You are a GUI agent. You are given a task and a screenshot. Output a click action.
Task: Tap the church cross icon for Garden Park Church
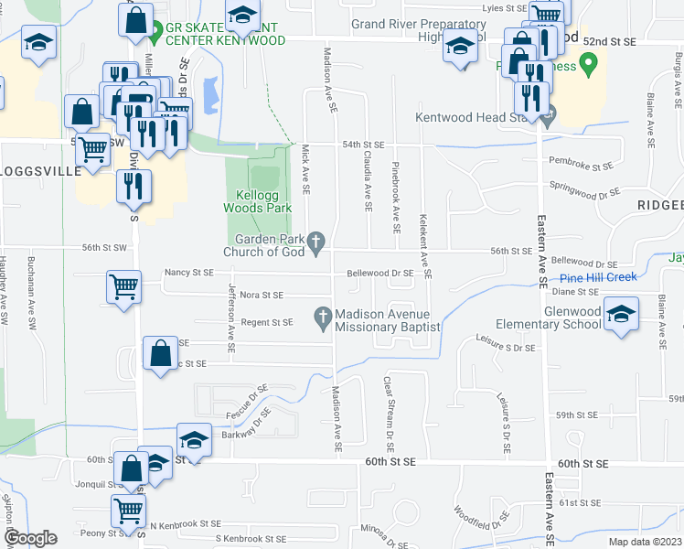(x=316, y=242)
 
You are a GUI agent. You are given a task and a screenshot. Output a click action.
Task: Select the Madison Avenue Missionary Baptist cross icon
(x=322, y=317)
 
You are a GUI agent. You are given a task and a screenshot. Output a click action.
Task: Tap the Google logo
(x=30, y=537)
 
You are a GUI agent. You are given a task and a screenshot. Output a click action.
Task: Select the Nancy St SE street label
(x=188, y=273)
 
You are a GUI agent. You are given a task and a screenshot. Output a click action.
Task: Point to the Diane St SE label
(x=576, y=292)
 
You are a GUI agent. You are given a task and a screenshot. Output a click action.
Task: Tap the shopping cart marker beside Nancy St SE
(x=123, y=285)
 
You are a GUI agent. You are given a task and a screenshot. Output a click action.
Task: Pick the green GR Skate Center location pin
(x=155, y=28)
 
